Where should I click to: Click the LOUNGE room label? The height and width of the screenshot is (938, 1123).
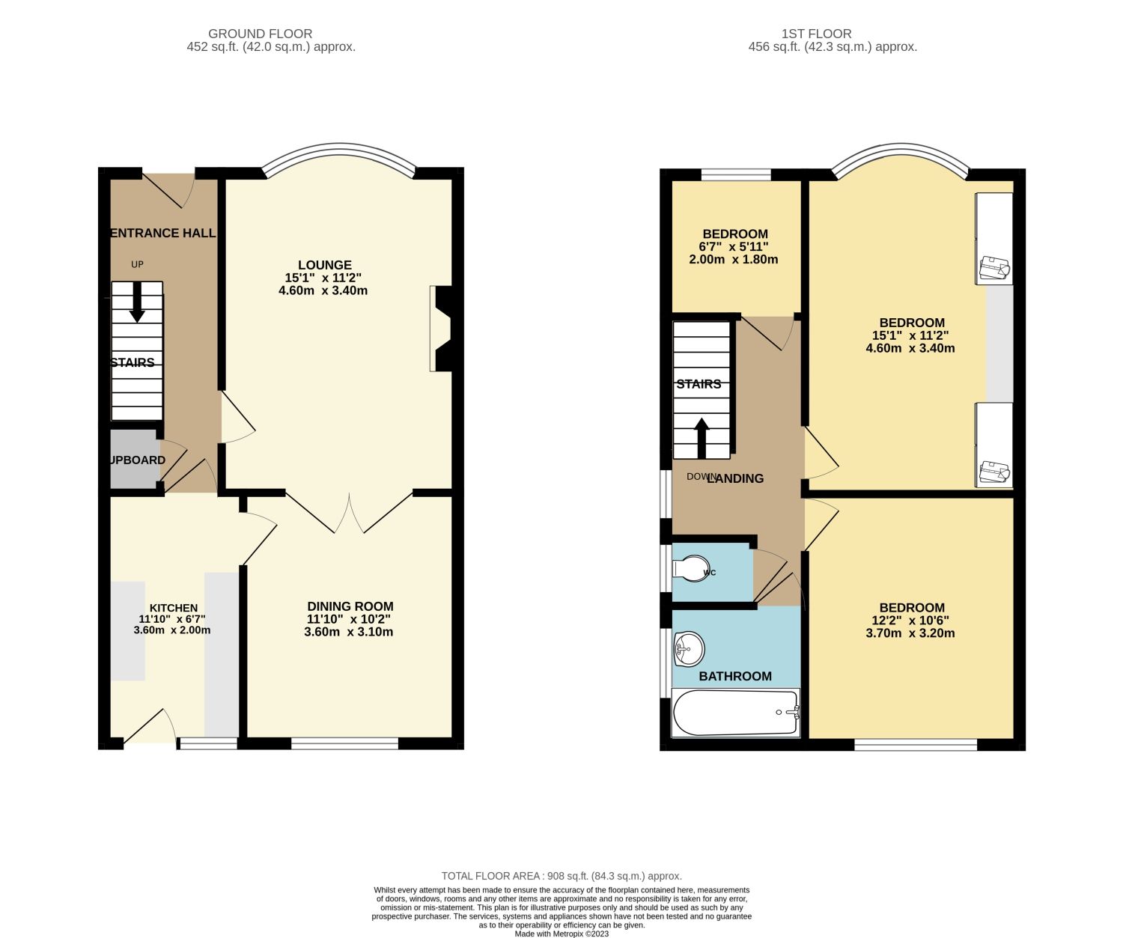[324, 265]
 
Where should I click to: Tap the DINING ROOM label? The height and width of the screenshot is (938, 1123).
[350, 606]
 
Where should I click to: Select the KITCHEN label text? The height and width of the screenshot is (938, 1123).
[174, 608]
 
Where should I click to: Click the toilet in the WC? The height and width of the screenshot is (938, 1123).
[690, 568]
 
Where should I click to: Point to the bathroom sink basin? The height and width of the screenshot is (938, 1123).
[688, 648]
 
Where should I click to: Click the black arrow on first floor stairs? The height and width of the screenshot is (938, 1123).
[702, 438]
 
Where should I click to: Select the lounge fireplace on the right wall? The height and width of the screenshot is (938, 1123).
[442, 328]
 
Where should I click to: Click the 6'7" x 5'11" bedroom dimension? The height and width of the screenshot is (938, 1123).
[734, 246]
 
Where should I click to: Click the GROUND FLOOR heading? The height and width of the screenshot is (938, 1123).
[260, 34]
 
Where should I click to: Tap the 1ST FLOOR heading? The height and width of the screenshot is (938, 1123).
[816, 34]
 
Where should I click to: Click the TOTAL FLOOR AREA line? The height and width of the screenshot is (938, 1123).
[561, 876]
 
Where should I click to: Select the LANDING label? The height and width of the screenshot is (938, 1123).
[735, 478]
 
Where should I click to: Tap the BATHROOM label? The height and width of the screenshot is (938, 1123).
[735, 676]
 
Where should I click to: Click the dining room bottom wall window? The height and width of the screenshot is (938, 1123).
[344, 743]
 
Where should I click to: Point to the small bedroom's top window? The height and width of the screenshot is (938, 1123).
[736, 175]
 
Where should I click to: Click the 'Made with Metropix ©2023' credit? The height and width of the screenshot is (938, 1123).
[561, 934]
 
